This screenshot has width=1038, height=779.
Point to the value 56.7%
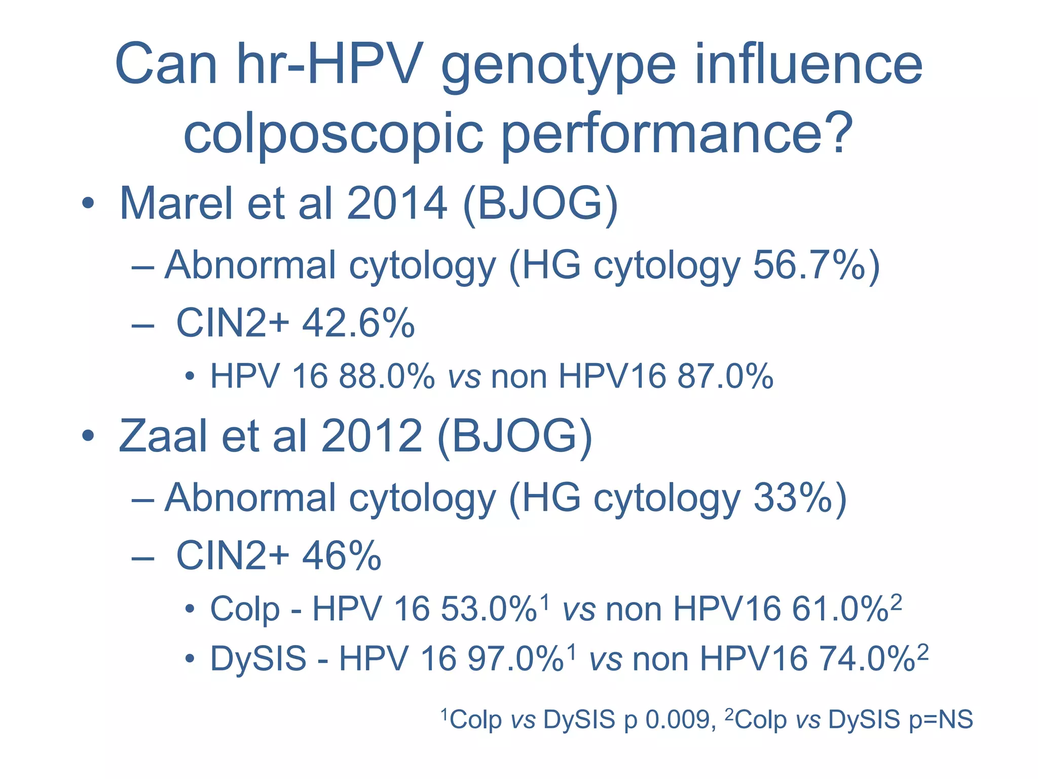point(809,265)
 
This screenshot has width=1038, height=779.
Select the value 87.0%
point(725,376)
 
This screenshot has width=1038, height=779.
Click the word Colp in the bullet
point(245,609)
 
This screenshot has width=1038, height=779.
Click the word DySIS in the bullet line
point(258,658)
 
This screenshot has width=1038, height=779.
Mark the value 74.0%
point(867,658)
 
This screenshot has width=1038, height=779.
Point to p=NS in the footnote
point(941,719)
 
